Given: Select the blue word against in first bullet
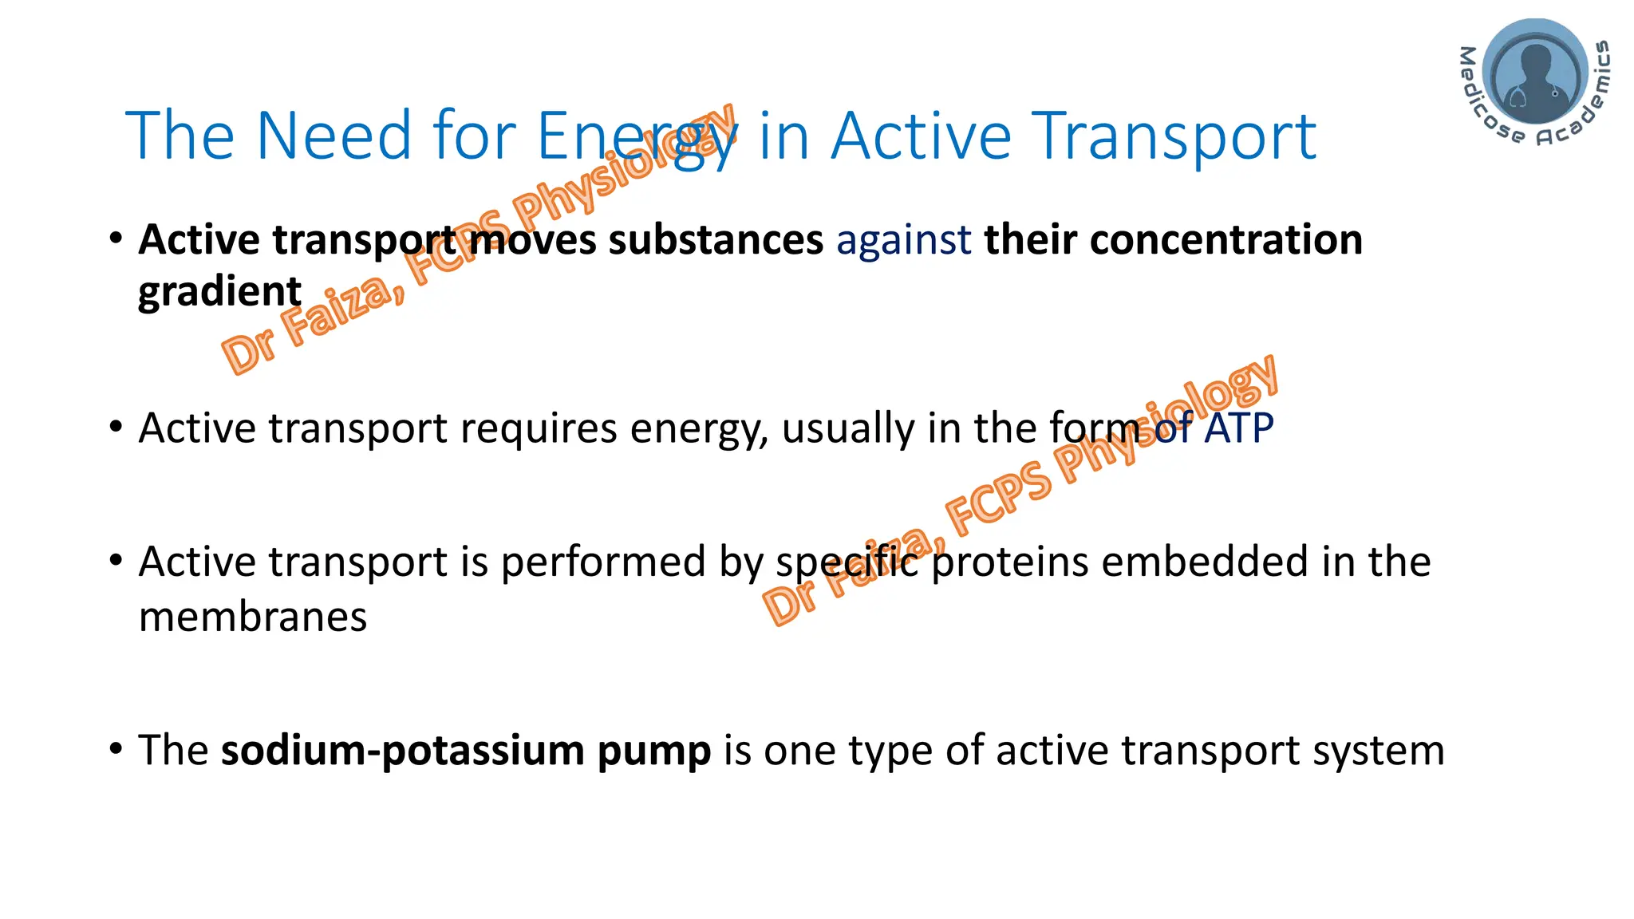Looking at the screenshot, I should [x=903, y=240].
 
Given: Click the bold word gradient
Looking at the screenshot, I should [x=219, y=292].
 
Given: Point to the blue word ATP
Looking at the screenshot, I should [x=1239, y=428].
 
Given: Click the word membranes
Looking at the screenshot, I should [x=253, y=617].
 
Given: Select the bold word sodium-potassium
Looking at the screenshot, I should [x=403, y=751].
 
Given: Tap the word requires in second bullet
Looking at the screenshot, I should [x=538, y=429].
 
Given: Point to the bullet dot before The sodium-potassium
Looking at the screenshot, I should [x=116, y=749].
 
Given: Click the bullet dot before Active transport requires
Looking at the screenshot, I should [x=116, y=427].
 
